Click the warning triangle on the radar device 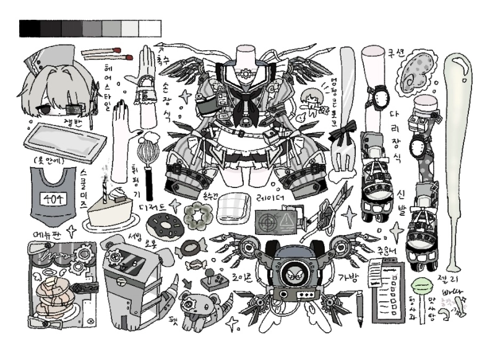[286, 220]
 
